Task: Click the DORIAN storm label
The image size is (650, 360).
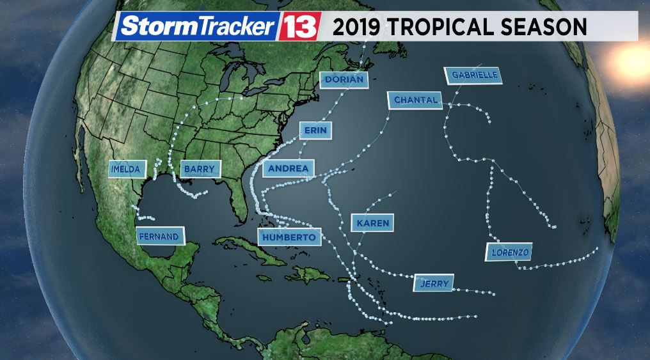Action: coord(344,80)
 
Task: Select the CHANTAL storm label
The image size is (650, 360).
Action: coord(415,100)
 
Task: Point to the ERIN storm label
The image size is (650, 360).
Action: coord(315,130)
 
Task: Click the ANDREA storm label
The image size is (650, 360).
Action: coord(288,169)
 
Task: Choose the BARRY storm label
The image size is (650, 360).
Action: coord(201,169)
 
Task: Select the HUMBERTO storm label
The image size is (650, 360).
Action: coord(288,237)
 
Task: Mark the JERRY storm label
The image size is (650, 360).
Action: coord(434,283)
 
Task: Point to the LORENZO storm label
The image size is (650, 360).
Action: coord(510,253)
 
